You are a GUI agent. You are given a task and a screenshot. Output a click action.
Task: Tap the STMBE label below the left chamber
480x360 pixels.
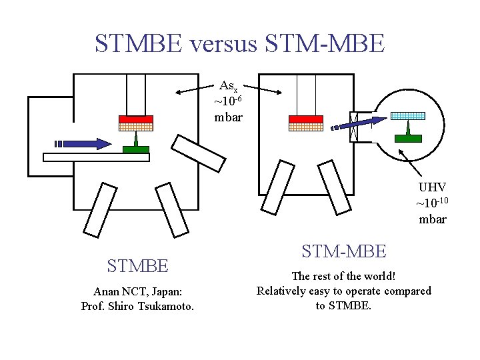(x=137, y=267)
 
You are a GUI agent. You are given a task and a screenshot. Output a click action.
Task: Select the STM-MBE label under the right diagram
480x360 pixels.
(x=343, y=251)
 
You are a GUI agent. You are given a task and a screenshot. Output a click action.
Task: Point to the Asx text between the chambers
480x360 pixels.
(x=228, y=87)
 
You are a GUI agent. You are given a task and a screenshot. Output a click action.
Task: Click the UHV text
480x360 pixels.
(x=432, y=188)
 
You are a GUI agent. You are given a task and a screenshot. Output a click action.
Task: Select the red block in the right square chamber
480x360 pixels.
(x=305, y=119)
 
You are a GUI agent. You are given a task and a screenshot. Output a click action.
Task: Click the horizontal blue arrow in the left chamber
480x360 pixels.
(x=83, y=143)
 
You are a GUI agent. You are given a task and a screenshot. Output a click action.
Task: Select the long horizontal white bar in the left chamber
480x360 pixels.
(x=95, y=157)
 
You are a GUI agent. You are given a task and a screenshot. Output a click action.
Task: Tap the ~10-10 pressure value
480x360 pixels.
(x=432, y=203)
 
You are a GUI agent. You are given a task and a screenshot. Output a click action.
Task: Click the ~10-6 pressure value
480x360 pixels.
(x=228, y=101)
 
